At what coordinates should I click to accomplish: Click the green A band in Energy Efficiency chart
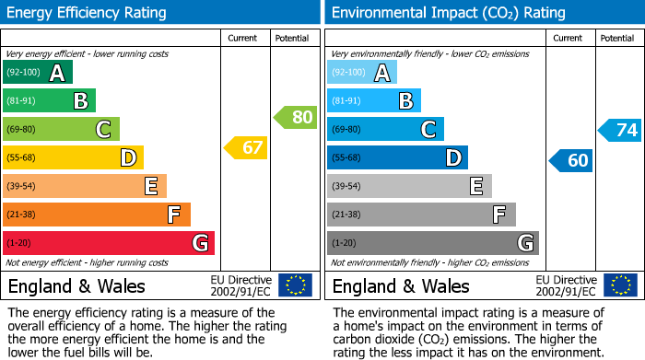tap(37, 73)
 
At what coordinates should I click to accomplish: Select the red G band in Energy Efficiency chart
tap(109, 243)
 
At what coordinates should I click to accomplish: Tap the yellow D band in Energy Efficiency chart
tap(73, 158)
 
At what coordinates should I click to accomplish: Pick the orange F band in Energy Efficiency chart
tap(97, 215)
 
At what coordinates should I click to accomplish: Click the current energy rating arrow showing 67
tap(246, 147)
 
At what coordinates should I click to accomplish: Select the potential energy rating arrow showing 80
tap(295, 117)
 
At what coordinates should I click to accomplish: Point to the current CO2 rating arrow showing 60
tap(571, 160)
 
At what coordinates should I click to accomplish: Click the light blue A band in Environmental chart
tap(362, 73)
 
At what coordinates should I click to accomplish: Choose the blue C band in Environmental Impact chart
tap(385, 130)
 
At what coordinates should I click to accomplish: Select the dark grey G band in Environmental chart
tap(433, 243)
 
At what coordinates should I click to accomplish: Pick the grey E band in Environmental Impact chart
tap(409, 186)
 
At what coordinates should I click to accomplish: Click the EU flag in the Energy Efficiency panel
tap(295, 285)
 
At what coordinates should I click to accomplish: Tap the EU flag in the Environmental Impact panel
tap(622, 285)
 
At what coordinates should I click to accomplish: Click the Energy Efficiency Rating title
tap(87, 13)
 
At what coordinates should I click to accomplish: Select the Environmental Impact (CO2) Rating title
tap(448, 13)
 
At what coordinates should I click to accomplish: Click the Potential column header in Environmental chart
tap(617, 38)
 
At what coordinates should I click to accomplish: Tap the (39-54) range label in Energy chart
tap(22, 187)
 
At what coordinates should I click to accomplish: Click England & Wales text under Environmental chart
tap(401, 285)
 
